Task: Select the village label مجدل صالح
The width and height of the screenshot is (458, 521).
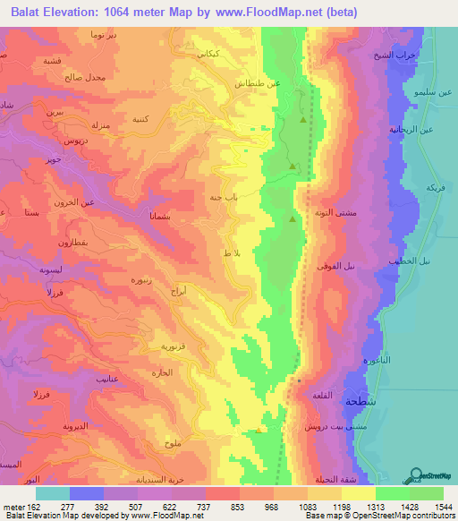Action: point(86,78)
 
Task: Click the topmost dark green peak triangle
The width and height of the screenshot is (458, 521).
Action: point(303,119)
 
